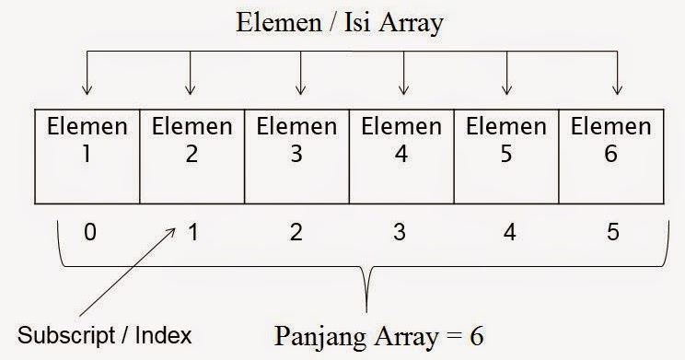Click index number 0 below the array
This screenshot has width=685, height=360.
tap(89, 232)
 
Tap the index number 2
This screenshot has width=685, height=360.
tap(296, 232)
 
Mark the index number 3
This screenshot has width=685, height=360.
tap(400, 232)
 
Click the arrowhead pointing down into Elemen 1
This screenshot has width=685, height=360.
tap(87, 90)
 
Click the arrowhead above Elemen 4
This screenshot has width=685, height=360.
tap(404, 90)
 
